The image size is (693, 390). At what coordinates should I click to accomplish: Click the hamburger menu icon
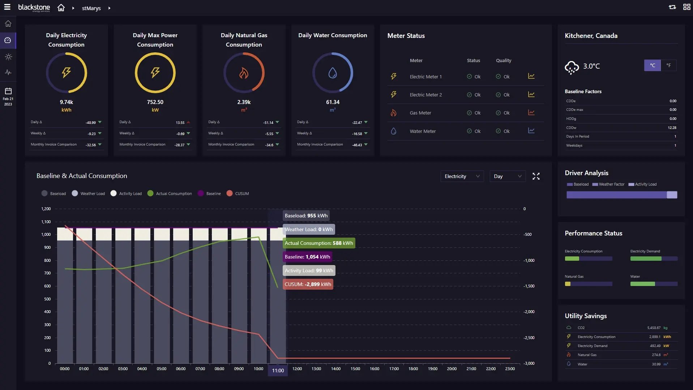pyautogui.click(x=7, y=7)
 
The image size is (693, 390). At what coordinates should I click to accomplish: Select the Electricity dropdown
pyautogui.click(x=462, y=176)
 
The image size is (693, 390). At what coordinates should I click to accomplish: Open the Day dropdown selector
pyautogui.click(x=507, y=176)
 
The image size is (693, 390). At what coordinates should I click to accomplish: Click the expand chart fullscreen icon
pyautogui.click(x=536, y=176)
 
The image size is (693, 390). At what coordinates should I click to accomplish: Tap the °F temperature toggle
pyautogui.click(x=668, y=65)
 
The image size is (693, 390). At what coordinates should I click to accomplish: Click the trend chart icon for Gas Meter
pyautogui.click(x=531, y=113)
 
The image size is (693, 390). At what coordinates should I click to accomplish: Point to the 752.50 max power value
pyautogui.click(x=155, y=102)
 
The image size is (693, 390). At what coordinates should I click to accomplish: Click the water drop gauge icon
pyautogui.click(x=333, y=73)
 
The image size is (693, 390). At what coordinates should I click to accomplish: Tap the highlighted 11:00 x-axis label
pyautogui.click(x=278, y=370)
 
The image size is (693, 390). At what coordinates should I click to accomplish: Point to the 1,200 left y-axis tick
pyautogui.click(x=46, y=209)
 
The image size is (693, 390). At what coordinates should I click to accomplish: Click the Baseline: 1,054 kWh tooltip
pyautogui.click(x=307, y=257)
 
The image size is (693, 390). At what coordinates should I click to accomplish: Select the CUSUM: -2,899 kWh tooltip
pyautogui.click(x=308, y=284)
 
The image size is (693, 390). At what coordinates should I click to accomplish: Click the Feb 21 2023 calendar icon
pyautogui.click(x=8, y=91)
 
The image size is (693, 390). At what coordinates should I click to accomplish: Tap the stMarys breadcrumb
pyautogui.click(x=91, y=8)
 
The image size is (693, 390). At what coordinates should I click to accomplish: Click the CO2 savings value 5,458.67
pyautogui.click(x=654, y=328)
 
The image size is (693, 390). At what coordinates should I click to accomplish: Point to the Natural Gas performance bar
pyautogui.click(x=588, y=284)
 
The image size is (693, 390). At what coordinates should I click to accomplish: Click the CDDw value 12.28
pyautogui.click(x=672, y=127)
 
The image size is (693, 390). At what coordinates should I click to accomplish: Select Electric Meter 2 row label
pyautogui.click(x=425, y=95)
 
